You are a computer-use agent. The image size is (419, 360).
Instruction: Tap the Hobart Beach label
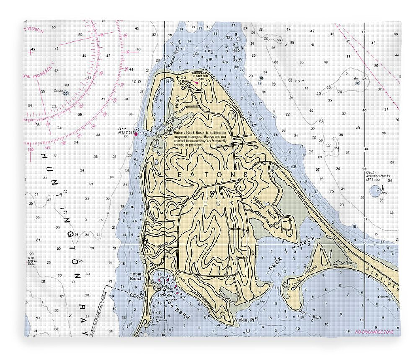point(136,276)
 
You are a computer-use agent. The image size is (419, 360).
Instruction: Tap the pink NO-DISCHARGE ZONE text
point(374,332)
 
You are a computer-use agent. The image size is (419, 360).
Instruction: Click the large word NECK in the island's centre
point(213,202)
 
